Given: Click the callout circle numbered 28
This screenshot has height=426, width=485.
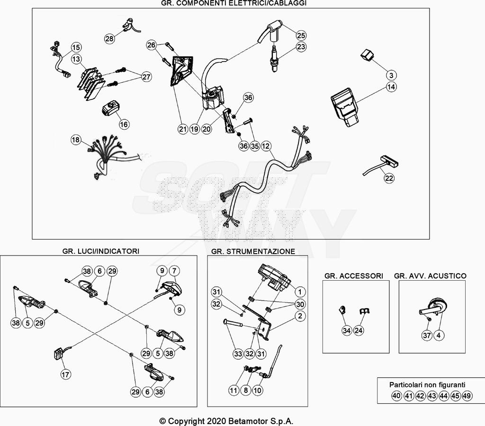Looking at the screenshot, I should click(x=109, y=39).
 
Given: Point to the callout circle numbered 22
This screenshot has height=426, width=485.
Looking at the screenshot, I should click(x=389, y=178).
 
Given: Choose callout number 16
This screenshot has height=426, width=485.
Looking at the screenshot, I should click(x=124, y=124).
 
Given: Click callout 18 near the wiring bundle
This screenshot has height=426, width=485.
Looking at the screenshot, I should click(x=76, y=140).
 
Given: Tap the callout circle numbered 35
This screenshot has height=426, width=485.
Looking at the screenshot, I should click(x=255, y=146).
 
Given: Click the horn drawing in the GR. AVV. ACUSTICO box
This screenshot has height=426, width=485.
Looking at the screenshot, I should click(x=433, y=309).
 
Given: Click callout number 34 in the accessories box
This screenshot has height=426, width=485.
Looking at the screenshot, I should click(x=347, y=331).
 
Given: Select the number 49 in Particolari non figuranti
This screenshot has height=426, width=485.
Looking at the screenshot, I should click(x=467, y=396).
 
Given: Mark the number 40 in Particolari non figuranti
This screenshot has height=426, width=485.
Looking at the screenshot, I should click(x=396, y=396).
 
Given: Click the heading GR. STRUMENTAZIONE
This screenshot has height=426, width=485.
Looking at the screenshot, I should click(x=253, y=251).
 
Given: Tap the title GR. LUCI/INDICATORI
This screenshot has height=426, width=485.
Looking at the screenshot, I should click(x=100, y=251).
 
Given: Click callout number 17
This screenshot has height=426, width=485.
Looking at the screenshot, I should click(x=65, y=374).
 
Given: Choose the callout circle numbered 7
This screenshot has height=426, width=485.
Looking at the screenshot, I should click(x=174, y=271).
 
